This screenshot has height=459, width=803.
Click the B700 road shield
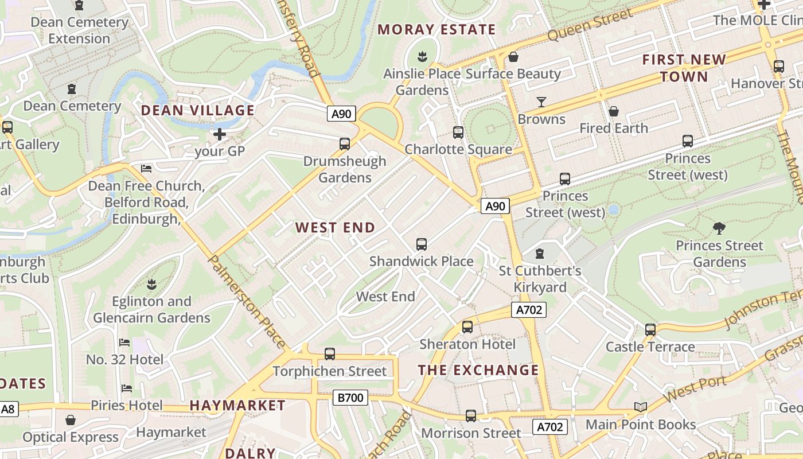tap(350, 397)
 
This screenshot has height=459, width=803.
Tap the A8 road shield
tap(9, 409)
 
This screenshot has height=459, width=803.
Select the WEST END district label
tap(335, 228)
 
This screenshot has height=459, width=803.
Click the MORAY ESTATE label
tap(436, 30)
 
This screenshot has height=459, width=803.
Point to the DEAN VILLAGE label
tap(198, 111)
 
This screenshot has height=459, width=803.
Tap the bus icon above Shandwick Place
tap(422, 244)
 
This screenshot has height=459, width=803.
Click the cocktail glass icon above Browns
tap(541, 103)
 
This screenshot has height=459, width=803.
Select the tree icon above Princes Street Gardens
tap(719, 228)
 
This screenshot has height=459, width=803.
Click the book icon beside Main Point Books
tap(640, 407)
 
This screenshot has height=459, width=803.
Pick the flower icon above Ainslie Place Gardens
tap(422, 56)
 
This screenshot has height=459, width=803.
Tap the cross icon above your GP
tap(219, 135)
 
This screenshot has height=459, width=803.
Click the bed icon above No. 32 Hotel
tap(124, 343)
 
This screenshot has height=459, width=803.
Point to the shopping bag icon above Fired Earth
tap(614, 111)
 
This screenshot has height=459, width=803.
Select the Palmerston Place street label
tap(246, 302)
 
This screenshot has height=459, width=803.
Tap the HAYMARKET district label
tap(237, 406)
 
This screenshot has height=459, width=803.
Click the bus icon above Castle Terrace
tap(650, 330)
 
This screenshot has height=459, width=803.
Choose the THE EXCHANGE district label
tap(478, 370)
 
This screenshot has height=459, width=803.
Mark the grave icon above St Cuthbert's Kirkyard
tap(539, 253)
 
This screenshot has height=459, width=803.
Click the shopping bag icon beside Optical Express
tap(71, 421)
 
